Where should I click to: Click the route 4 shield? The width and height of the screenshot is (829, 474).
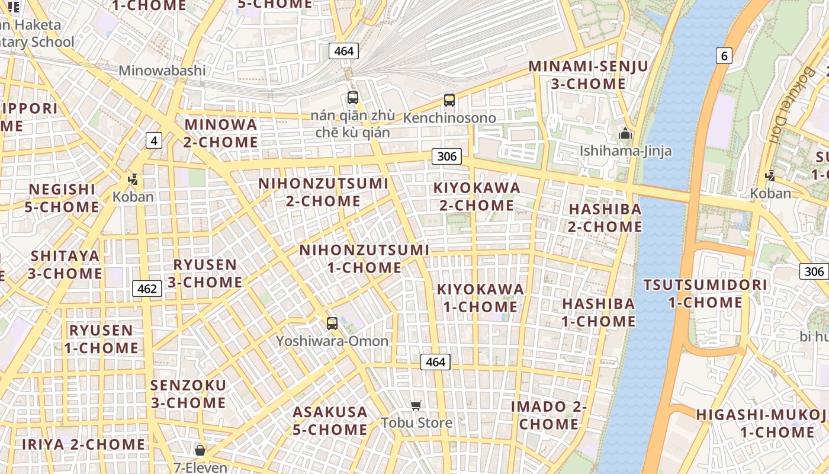pos(154,140)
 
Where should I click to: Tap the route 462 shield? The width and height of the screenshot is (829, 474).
pos(146,289)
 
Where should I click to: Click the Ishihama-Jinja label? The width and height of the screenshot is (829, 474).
pos(625,150)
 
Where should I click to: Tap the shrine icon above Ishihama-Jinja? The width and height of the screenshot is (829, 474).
pos(625,134)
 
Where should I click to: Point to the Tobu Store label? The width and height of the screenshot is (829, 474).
pos(416,422)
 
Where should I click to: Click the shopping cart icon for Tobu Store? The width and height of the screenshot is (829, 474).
pos(416,405)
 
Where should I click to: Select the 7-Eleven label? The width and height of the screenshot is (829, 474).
pos(200,467)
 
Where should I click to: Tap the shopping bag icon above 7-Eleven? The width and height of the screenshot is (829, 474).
pos(200,450)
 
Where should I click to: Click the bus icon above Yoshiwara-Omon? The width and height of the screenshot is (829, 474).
pos(332,324)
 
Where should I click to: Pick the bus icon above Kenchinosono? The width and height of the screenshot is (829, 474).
pos(449,100)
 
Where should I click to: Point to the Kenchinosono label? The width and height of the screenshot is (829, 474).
pos(449,117)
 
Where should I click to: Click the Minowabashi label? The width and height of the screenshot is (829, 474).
pos(162,71)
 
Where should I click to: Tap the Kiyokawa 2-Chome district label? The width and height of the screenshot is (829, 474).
pos(477,197)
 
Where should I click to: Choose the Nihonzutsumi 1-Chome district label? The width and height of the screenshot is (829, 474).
pos(364,258)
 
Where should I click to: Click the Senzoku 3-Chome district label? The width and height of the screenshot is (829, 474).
pos(188,394)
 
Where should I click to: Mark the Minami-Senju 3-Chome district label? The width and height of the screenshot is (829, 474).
pos(588,75)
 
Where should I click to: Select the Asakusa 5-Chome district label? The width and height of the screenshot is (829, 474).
pos(330,420)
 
